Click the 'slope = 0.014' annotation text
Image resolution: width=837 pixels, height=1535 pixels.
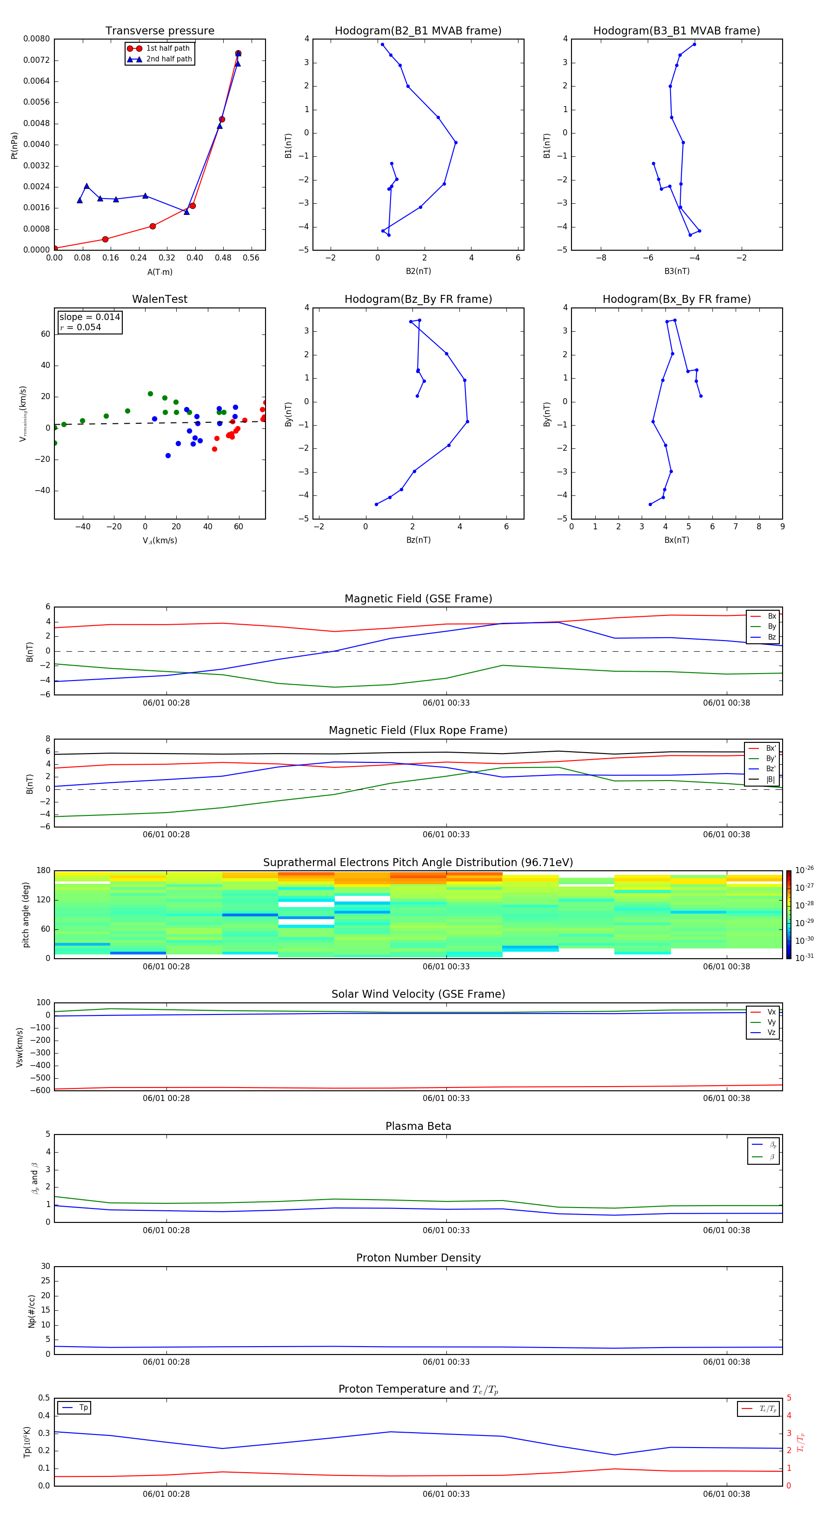[89, 317]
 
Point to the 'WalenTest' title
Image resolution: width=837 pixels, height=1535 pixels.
[159, 299]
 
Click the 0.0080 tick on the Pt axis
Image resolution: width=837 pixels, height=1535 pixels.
[36, 39]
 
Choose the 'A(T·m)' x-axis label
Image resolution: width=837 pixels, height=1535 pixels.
[159, 272]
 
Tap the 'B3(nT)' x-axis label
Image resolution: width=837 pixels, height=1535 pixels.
[677, 271]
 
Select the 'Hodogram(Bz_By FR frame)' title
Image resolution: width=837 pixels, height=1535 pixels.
[418, 299]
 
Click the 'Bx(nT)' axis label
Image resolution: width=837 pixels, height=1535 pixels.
[677, 540]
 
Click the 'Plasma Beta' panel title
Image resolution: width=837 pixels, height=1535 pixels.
[418, 1126]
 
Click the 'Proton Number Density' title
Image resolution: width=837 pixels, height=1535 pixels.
[418, 1258]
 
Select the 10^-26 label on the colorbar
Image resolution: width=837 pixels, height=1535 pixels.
[804, 869]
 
